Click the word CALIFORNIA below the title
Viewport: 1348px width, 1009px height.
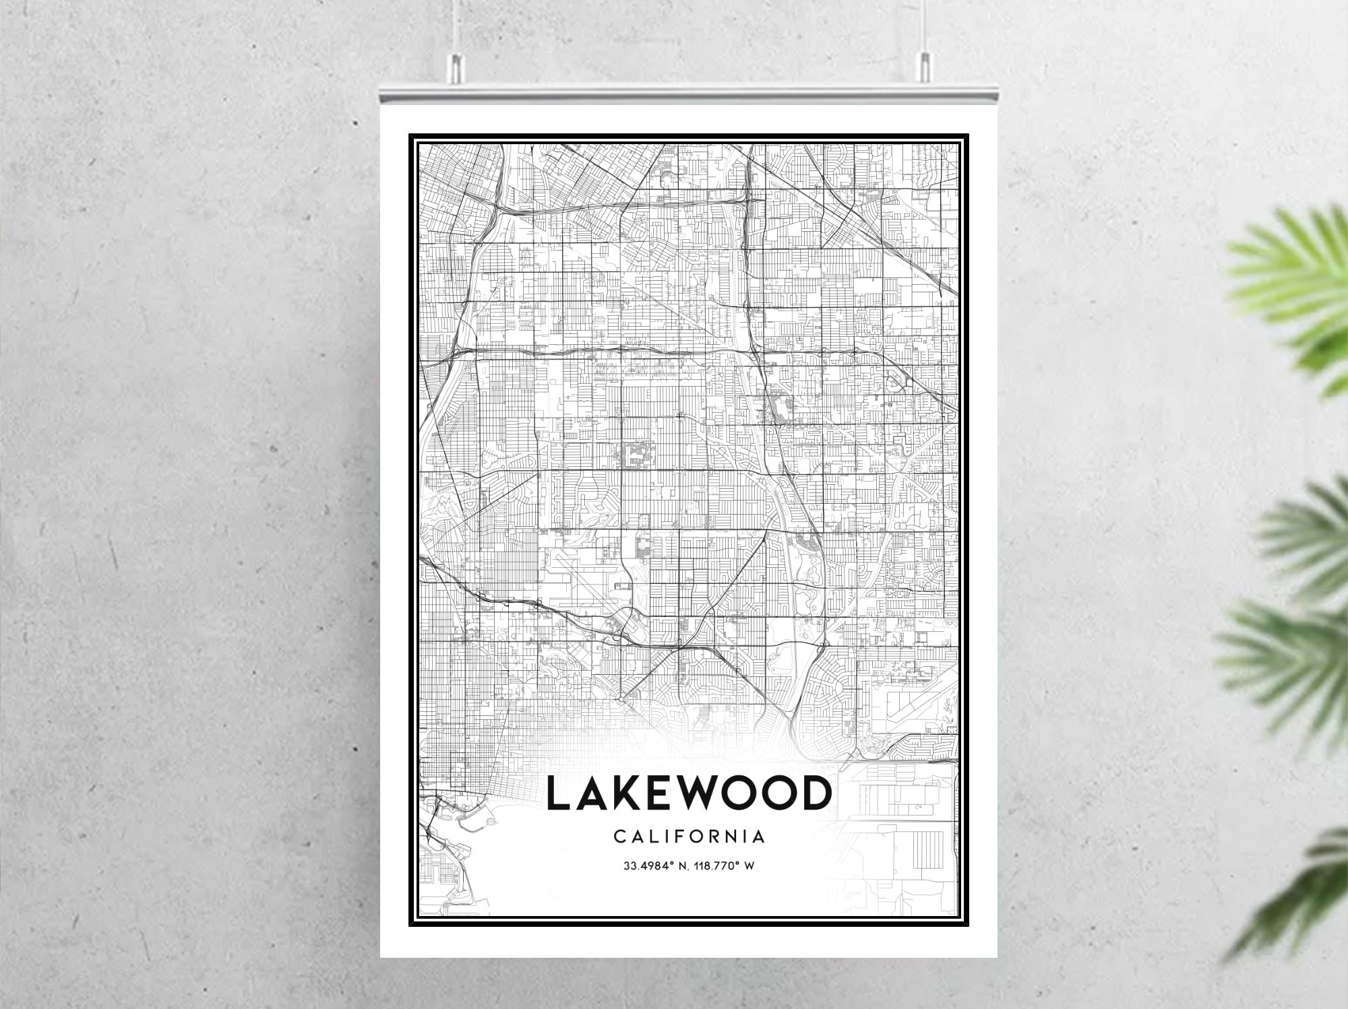[689, 837]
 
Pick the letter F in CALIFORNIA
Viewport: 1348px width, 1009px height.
[683, 837]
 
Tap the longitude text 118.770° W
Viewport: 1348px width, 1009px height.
[727, 866]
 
